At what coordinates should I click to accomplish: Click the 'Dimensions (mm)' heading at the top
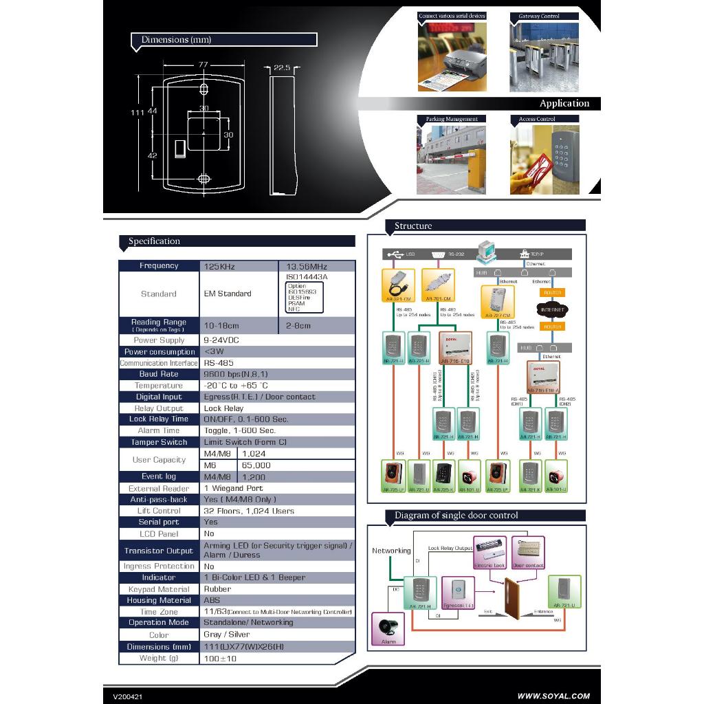pyautogui.click(x=176, y=40)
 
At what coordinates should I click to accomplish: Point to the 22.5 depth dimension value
pyautogui.click(x=281, y=67)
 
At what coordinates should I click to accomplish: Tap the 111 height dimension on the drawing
pyautogui.click(x=136, y=112)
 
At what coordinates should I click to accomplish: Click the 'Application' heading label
pyautogui.click(x=564, y=104)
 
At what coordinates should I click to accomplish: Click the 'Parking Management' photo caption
pyautogui.click(x=451, y=119)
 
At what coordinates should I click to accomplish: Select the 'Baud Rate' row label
pyautogui.click(x=159, y=374)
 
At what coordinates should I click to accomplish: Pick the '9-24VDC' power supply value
pyautogui.click(x=221, y=340)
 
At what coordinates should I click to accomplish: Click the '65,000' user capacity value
pyautogui.click(x=256, y=465)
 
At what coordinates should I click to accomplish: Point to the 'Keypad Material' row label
pyautogui.click(x=159, y=589)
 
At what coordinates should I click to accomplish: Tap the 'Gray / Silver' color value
pyautogui.click(x=227, y=635)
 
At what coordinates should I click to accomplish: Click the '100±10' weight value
pyautogui.click(x=220, y=659)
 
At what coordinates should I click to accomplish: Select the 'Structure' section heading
pyautogui.click(x=413, y=225)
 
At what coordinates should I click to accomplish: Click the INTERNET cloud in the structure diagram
pyautogui.click(x=552, y=309)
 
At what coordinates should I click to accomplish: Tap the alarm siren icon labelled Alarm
pyautogui.click(x=388, y=628)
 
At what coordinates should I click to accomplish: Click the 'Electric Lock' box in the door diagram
pyautogui.click(x=489, y=553)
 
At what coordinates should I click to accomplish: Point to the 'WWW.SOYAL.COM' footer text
pyautogui.click(x=553, y=696)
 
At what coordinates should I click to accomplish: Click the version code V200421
pyautogui.click(x=128, y=696)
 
